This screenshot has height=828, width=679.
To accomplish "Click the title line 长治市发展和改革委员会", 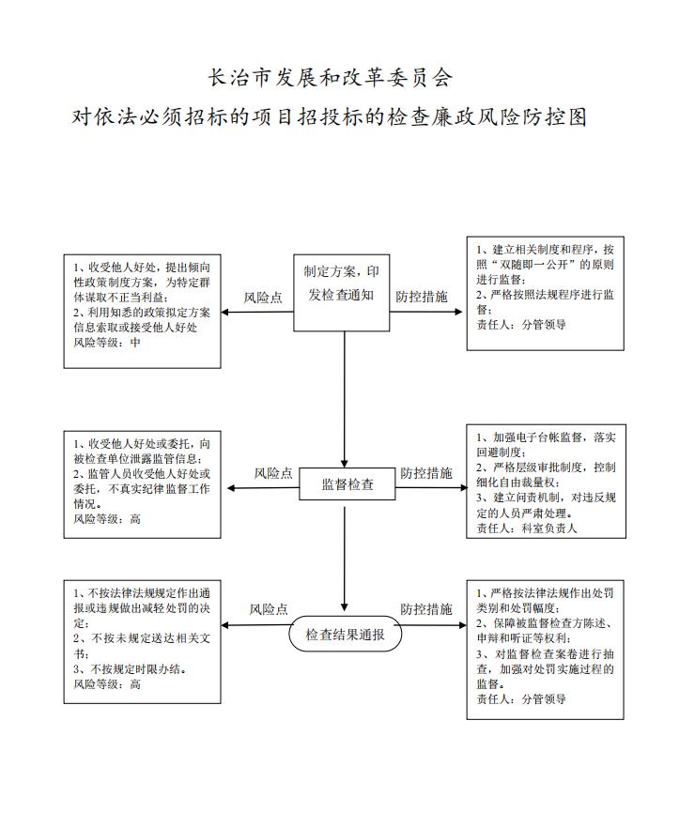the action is pyautogui.click(x=331, y=78).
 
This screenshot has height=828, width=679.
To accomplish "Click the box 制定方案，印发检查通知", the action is pyautogui.click(x=341, y=293).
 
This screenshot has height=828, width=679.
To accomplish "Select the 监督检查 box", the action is pyautogui.click(x=347, y=483).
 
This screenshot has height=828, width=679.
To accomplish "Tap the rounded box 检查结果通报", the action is pyautogui.click(x=345, y=634).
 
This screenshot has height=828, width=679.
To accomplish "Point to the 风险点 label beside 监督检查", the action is pyautogui.click(x=273, y=473).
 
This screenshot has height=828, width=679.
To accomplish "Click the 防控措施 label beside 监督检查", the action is pyautogui.click(x=425, y=473).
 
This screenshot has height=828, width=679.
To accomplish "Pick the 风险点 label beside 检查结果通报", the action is pyautogui.click(x=269, y=609).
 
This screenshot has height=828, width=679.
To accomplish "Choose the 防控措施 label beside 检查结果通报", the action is pyautogui.click(x=425, y=609).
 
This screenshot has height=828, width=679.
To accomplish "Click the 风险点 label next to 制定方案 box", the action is pyautogui.click(x=263, y=298).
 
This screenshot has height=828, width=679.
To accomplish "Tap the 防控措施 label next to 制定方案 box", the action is pyautogui.click(x=421, y=297).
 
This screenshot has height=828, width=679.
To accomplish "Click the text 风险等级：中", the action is pyautogui.click(x=107, y=342).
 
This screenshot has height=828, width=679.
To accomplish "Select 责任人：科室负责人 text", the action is pyautogui.click(x=527, y=528).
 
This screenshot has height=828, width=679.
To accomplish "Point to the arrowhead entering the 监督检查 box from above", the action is pyautogui.click(x=345, y=463).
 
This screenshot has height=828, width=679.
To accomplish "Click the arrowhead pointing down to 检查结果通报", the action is pyautogui.click(x=345, y=606).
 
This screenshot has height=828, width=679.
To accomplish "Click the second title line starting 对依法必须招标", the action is pyautogui.click(x=330, y=116).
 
